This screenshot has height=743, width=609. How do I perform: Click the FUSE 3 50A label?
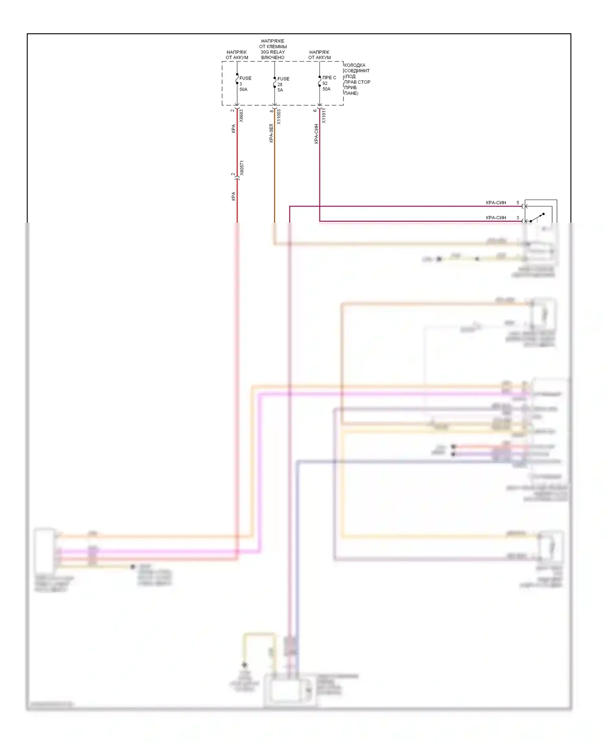tap(245, 83)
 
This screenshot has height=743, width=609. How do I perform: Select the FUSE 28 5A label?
tap(283, 84)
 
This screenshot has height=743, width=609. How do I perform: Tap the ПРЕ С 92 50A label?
tap(328, 83)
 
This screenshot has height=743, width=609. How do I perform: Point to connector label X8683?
tap(241, 115)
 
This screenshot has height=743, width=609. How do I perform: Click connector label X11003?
tap(279, 117)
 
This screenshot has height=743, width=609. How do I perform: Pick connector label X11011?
tap(324, 115)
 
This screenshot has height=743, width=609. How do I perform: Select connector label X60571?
tap(242, 168)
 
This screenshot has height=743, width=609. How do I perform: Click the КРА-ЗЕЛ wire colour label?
tap(271, 133)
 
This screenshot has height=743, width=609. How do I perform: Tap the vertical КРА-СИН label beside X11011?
tap(316, 134)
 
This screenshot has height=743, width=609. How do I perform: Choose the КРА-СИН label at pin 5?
tap(496, 202)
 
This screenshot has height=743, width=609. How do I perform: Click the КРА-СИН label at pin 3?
tap(496, 217)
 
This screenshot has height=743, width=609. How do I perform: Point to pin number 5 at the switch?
tap(518, 202)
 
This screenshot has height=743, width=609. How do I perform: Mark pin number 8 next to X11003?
tap(272, 111)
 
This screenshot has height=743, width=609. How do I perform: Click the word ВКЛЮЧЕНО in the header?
tap(273, 58)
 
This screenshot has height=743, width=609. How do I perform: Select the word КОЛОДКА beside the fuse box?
tap(355, 65)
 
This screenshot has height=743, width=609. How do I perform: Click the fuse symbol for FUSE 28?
tap(275, 83)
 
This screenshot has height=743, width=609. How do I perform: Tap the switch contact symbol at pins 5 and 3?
tap(537, 217)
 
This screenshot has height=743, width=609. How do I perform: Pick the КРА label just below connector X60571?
tap(233, 196)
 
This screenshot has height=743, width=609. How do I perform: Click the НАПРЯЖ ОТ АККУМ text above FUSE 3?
tap(237, 55)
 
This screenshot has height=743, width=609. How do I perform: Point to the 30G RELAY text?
tap(273, 52)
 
